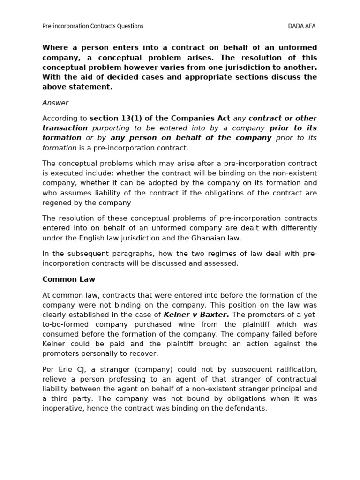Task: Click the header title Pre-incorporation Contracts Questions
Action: [93, 26]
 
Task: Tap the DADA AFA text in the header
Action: [301, 26]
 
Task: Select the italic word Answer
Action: [55, 103]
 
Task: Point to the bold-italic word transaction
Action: [65, 128]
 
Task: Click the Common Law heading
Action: [68, 279]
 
